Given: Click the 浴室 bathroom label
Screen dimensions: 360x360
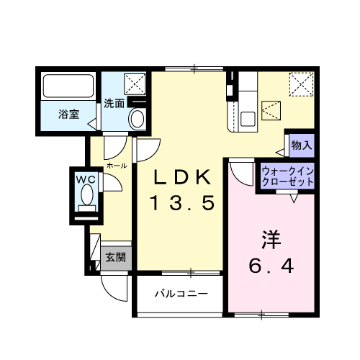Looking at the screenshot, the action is click(69, 114).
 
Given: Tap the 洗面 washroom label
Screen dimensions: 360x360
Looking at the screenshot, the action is click(114, 104).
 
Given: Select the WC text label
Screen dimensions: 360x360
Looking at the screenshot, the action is click(86, 179).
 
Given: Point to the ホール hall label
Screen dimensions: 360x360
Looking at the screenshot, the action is click(117, 166).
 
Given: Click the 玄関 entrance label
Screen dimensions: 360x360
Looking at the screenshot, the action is click(116, 258).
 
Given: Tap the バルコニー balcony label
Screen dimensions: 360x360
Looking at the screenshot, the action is click(181, 293).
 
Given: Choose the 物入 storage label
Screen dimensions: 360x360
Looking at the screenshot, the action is click(302, 145).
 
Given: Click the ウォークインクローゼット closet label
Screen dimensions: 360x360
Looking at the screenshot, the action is click(288, 177).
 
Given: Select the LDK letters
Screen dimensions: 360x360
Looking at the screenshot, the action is click(182, 177).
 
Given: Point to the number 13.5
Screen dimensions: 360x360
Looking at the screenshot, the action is click(182, 203).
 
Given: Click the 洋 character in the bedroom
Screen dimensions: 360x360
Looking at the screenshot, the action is click(271, 240).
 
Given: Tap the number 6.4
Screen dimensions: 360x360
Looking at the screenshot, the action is click(271, 266).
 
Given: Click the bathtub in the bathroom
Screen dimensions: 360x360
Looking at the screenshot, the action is click(68, 86).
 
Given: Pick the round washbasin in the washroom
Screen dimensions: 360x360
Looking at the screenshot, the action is click(138, 119).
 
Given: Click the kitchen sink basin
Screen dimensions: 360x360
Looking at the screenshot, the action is click(248, 119).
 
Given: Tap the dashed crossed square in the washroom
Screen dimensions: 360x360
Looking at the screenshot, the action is click(135, 84).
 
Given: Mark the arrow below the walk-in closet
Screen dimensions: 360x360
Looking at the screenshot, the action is click(294, 199).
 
